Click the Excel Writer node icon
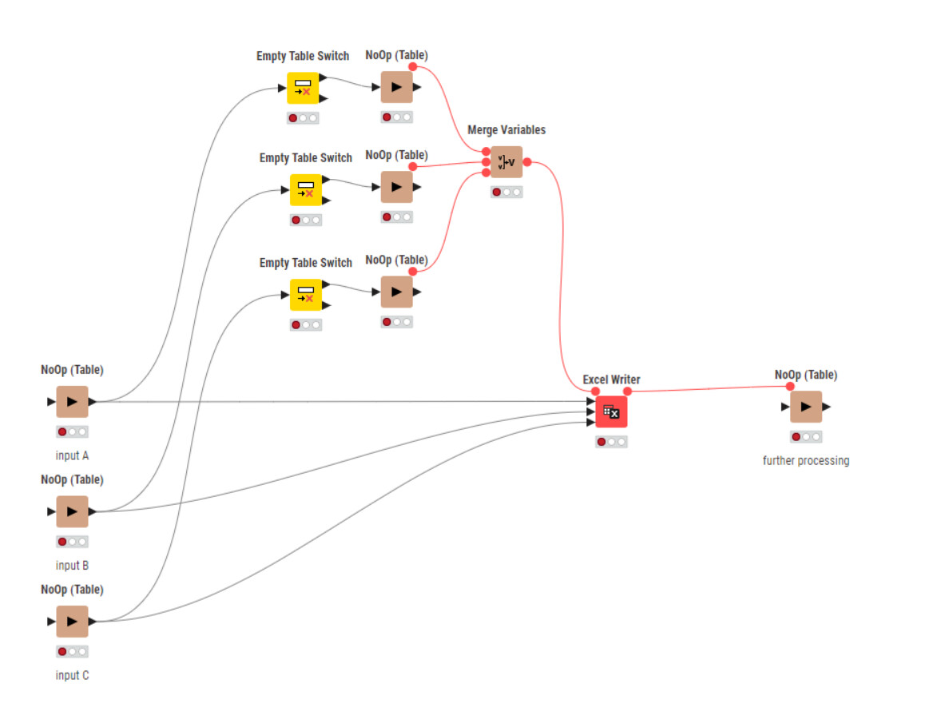(611, 411)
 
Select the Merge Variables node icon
(506, 162)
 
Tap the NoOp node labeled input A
(72, 402)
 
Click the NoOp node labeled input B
(72, 511)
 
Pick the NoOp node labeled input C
(72, 622)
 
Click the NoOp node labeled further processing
(806, 407)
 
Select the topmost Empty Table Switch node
(303, 88)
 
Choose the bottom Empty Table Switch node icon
(305, 295)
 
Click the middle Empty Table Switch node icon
(305, 189)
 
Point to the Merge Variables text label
(506, 129)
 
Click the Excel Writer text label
(611, 379)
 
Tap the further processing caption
(806, 460)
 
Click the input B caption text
(72, 566)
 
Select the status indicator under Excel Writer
(611, 442)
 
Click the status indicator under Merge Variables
(506, 192)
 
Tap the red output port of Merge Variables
(527, 162)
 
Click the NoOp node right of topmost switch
(396, 87)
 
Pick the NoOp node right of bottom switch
(396, 292)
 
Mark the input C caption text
(72, 675)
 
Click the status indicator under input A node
(72, 431)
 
